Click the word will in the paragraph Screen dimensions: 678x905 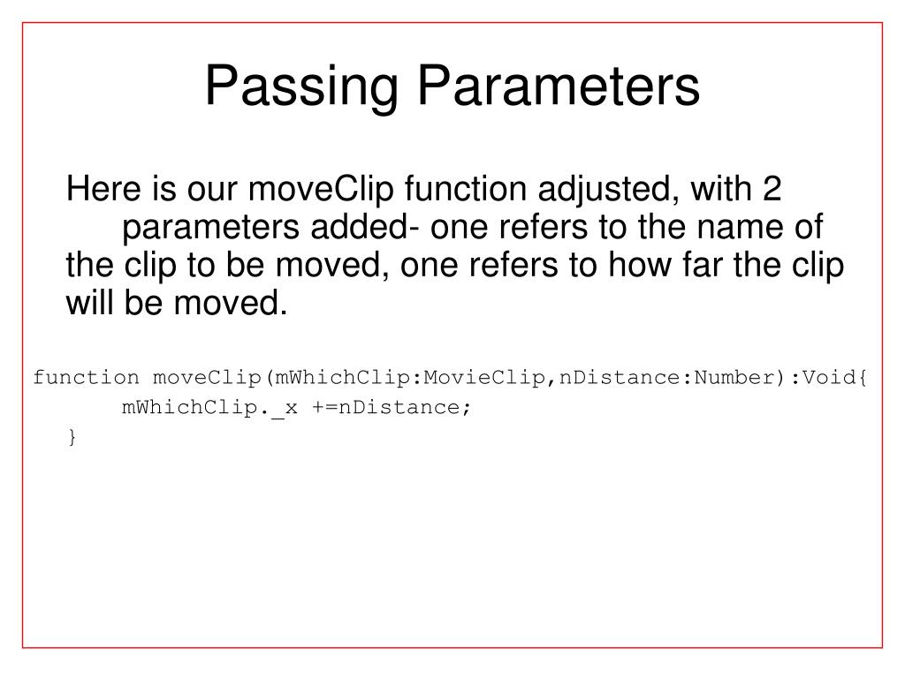(x=87, y=304)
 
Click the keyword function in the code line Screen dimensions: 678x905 (x=86, y=378)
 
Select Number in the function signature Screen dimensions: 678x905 (x=732, y=378)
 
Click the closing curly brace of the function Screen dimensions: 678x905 (x=72, y=437)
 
